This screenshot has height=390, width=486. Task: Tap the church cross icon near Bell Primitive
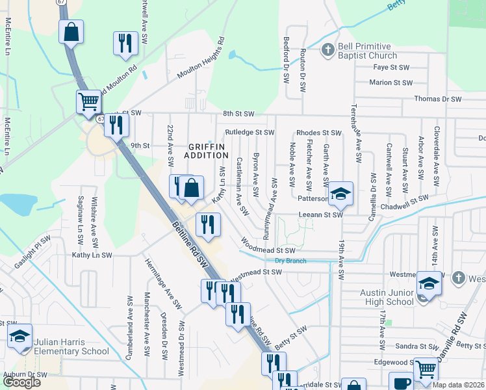(x=328, y=49)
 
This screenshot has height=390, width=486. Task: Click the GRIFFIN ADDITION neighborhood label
(x=206, y=151)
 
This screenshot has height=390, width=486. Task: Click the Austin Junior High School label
(x=387, y=297)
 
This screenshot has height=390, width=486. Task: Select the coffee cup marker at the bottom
(x=401, y=382)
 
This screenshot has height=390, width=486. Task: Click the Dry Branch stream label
(x=290, y=261)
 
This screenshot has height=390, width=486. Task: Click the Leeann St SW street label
(x=320, y=214)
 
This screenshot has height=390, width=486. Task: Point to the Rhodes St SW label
(x=319, y=133)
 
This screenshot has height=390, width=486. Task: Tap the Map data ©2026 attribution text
(x=458, y=384)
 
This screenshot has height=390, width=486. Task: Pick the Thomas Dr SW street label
(x=438, y=99)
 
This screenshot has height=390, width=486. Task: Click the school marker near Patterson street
(x=339, y=193)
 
